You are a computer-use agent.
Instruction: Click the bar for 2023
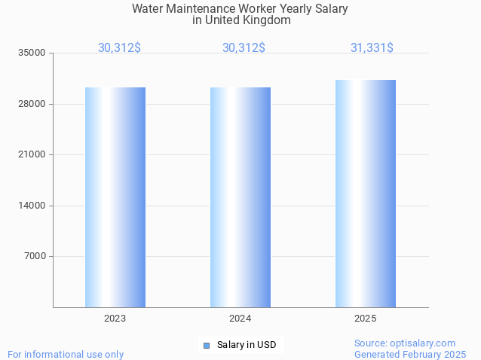[x=115, y=197]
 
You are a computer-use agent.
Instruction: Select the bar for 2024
[x=240, y=197]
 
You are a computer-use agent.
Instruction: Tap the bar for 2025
[x=365, y=194]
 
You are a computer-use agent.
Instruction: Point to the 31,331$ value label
[x=371, y=48]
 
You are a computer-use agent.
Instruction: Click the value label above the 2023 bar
[x=119, y=48]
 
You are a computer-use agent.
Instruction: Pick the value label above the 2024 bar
[x=244, y=48]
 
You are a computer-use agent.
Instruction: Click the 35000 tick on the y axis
[x=32, y=53]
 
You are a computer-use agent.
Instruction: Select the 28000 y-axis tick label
[x=32, y=104]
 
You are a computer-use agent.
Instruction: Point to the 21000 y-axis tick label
[x=32, y=155]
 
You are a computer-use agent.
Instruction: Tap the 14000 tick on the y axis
[x=32, y=206]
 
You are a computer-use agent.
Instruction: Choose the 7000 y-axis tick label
[x=35, y=257]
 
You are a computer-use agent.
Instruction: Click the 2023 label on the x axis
[x=115, y=319]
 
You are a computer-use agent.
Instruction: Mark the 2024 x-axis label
[x=240, y=319]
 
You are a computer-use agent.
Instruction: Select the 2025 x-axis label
[x=365, y=319]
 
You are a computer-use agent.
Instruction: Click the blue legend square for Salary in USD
[x=206, y=346]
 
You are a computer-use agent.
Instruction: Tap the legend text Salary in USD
[x=247, y=346]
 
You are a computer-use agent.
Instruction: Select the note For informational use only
[x=66, y=355]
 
